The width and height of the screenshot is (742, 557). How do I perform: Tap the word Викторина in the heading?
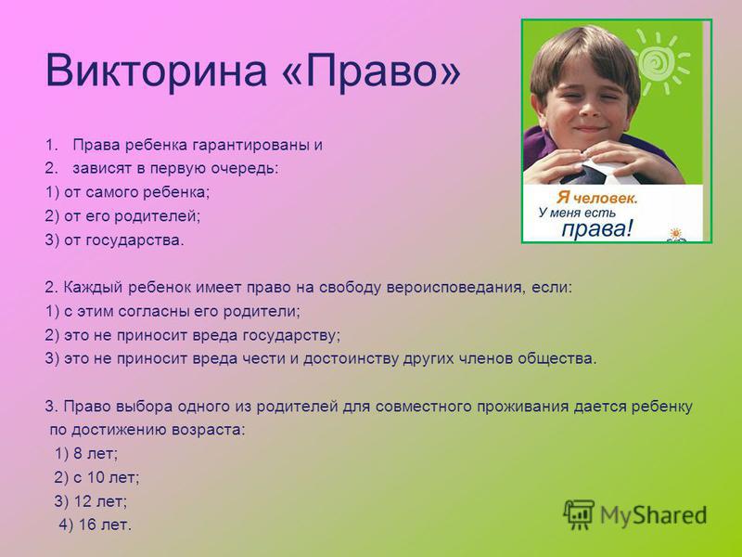(x=156, y=71)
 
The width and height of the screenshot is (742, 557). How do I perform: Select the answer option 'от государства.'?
(x=124, y=240)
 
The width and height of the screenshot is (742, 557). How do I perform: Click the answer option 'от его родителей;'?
(x=132, y=216)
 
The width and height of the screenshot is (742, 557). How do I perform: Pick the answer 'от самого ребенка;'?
(x=136, y=192)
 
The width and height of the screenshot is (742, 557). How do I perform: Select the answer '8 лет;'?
(x=96, y=454)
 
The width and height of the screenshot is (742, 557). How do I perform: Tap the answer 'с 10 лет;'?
(x=106, y=477)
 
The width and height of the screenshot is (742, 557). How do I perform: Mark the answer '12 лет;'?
(x=100, y=501)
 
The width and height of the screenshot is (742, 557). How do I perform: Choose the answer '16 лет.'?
(x=105, y=525)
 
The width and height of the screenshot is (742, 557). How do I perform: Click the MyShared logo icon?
(x=578, y=514)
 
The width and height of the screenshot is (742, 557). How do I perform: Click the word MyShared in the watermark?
(x=654, y=515)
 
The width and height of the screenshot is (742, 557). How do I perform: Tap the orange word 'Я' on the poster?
(x=563, y=197)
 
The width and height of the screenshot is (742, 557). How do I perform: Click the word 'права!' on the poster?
(x=596, y=228)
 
